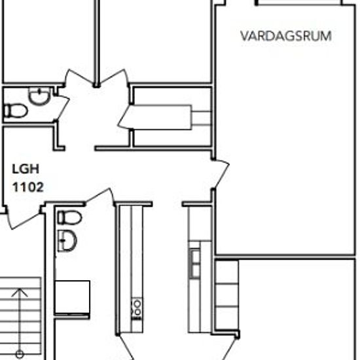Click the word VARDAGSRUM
point(285,36)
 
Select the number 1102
point(28,187)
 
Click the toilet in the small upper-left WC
point(16,111)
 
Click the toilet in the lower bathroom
point(68,217)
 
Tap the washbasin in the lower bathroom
point(67,240)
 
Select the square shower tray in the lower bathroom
point(72,298)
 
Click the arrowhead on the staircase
point(20,293)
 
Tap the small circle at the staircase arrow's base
point(20,354)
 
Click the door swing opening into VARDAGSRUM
point(221,173)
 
